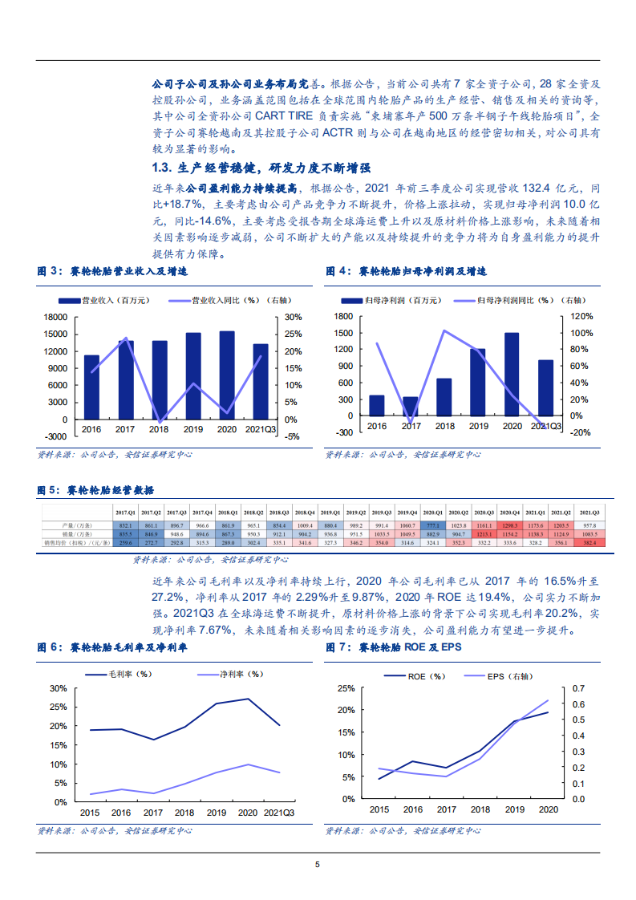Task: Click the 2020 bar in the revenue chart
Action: click(227, 375)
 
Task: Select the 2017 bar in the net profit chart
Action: click(410, 407)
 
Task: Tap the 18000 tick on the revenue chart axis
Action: click(55, 317)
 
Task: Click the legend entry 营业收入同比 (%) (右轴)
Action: click(232, 300)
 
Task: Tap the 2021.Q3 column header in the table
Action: click(589, 512)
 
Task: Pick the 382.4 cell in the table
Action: click(589, 543)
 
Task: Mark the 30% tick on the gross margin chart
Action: click(58, 688)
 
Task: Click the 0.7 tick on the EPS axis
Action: click(578, 688)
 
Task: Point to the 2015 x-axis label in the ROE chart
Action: click(379, 810)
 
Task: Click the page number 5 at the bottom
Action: click(318, 864)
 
